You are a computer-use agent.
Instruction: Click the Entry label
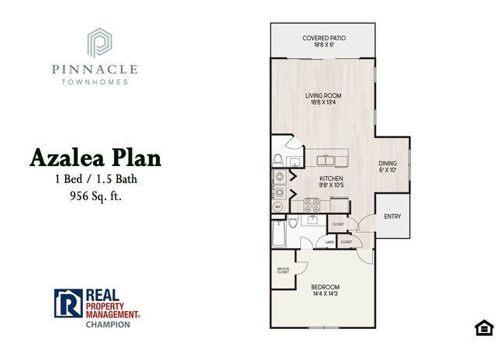tap(392, 216)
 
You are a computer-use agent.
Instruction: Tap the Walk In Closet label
tap(282, 271)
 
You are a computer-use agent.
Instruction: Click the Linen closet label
tap(329, 242)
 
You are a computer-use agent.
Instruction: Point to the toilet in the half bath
tap(278, 160)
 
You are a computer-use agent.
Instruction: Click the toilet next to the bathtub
tap(293, 224)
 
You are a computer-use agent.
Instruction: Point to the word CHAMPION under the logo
tap(108, 326)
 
